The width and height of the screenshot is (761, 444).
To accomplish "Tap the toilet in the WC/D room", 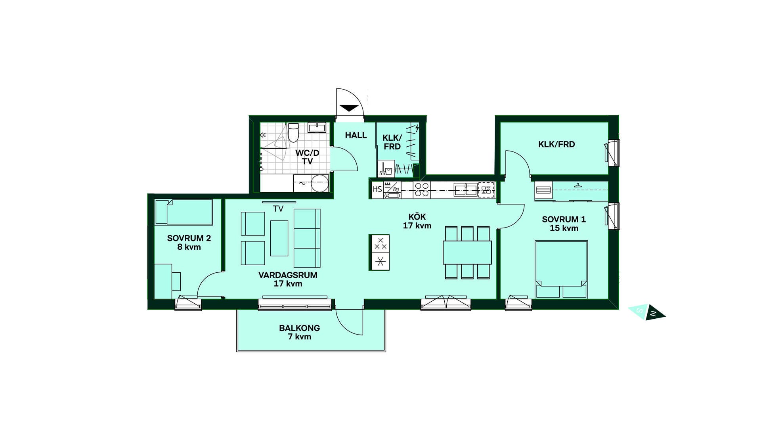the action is pos(293,132).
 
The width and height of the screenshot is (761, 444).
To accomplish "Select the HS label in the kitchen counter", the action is pos(377,189).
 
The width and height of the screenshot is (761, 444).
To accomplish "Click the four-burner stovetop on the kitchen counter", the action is pos(422,189).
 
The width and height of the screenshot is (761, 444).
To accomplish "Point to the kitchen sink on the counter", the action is pos(466,189).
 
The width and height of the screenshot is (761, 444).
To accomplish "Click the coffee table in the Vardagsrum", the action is pos(279,238).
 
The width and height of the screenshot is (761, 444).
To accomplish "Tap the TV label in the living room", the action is pos(278,209).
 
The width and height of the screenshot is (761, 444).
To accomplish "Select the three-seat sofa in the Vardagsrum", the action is pos(307,238).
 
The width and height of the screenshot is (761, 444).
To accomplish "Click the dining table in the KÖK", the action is pos(467,252).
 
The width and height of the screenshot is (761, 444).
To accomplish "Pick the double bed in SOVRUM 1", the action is pos(561,269).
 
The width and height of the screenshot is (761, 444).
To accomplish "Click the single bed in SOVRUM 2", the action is pos(184,212).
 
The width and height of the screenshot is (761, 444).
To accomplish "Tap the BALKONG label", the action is pos(299,328).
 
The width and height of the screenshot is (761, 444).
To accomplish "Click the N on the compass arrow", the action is pos(653,314).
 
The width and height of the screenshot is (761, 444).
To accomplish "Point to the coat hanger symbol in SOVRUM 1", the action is pos(577,185).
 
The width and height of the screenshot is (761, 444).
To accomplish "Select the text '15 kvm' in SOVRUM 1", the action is pos(564,228).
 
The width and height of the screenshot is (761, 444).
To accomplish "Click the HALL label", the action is pos(356,135).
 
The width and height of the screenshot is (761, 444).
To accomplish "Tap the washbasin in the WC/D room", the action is pos(317,127).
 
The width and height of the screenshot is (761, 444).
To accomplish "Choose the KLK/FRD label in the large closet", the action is pos(556,144).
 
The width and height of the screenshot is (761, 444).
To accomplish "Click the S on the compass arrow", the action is pos(639,310).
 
